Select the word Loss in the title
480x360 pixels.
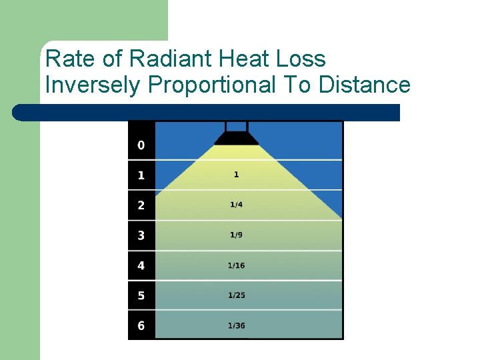pos(300,59)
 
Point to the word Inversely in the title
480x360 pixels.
pos(94,85)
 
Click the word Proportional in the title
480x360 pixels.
pos(211,85)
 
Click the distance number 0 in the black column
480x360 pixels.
pos(141,145)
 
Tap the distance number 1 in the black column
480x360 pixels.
pos(141,175)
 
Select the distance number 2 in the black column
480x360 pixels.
pos(141,205)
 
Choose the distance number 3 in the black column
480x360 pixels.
pos(141,235)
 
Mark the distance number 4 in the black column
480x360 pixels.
pos(141,266)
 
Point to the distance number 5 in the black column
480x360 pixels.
pos(141,296)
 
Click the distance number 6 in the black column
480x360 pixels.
pos(141,326)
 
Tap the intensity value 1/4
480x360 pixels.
pos(236,205)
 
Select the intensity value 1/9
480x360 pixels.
pos(236,235)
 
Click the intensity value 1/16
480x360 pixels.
pos(236,265)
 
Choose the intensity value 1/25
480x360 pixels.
pos(236,295)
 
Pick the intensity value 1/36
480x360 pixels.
pos(236,325)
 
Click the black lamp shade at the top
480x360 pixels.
pos(237,138)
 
